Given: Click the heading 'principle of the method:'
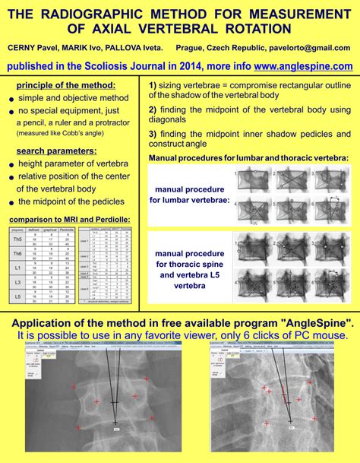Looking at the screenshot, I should [x=66, y=85].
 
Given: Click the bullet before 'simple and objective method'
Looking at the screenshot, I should [x=11, y=99].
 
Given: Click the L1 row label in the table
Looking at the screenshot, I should [x=15, y=268].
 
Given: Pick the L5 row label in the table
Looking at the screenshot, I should [x=15, y=296].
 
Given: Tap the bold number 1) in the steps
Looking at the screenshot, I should [x=153, y=84].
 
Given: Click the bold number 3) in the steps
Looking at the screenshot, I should [x=153, y=135].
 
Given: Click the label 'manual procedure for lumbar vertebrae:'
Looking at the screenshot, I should [x=189, y=195].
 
